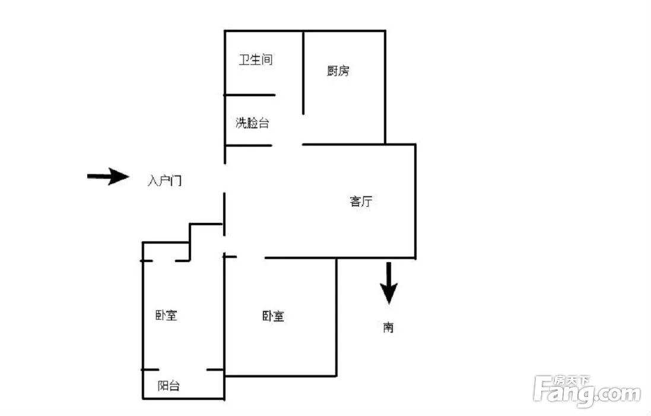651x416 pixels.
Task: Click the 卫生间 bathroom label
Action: [x=256, y=59]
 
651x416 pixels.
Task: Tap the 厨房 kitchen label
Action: [x=338, y=71]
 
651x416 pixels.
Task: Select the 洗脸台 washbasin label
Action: [x=252, y=123]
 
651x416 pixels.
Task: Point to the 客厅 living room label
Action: [x=361, y=201]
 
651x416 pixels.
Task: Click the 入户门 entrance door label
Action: [x=165, y=181]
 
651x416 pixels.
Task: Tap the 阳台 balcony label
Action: [x=169, y=386]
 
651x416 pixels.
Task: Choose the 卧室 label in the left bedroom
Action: [x=166, y=316]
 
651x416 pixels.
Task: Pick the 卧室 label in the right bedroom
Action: [x=273, y=316]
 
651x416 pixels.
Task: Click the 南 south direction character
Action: [x=388, y=327]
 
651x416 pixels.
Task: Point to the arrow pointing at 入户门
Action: [x=108, y=177]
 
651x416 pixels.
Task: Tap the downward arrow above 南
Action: [x=389, y=283]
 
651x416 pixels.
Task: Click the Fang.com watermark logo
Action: [x=587, y=390]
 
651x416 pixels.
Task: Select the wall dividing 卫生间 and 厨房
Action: [x=303, y=73]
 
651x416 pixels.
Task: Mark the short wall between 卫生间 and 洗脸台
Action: [x=250, y=95]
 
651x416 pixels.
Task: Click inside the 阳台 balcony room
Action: [x=183, y=385]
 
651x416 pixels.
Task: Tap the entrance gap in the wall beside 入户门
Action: [x=224, y=178]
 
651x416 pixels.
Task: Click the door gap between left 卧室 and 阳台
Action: [x=183, y=370]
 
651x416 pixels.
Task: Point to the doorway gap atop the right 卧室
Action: [x=251, y=258]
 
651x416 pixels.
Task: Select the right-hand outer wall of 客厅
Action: [x=415, y=201]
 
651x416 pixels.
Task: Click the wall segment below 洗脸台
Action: [x=248, y=146]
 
